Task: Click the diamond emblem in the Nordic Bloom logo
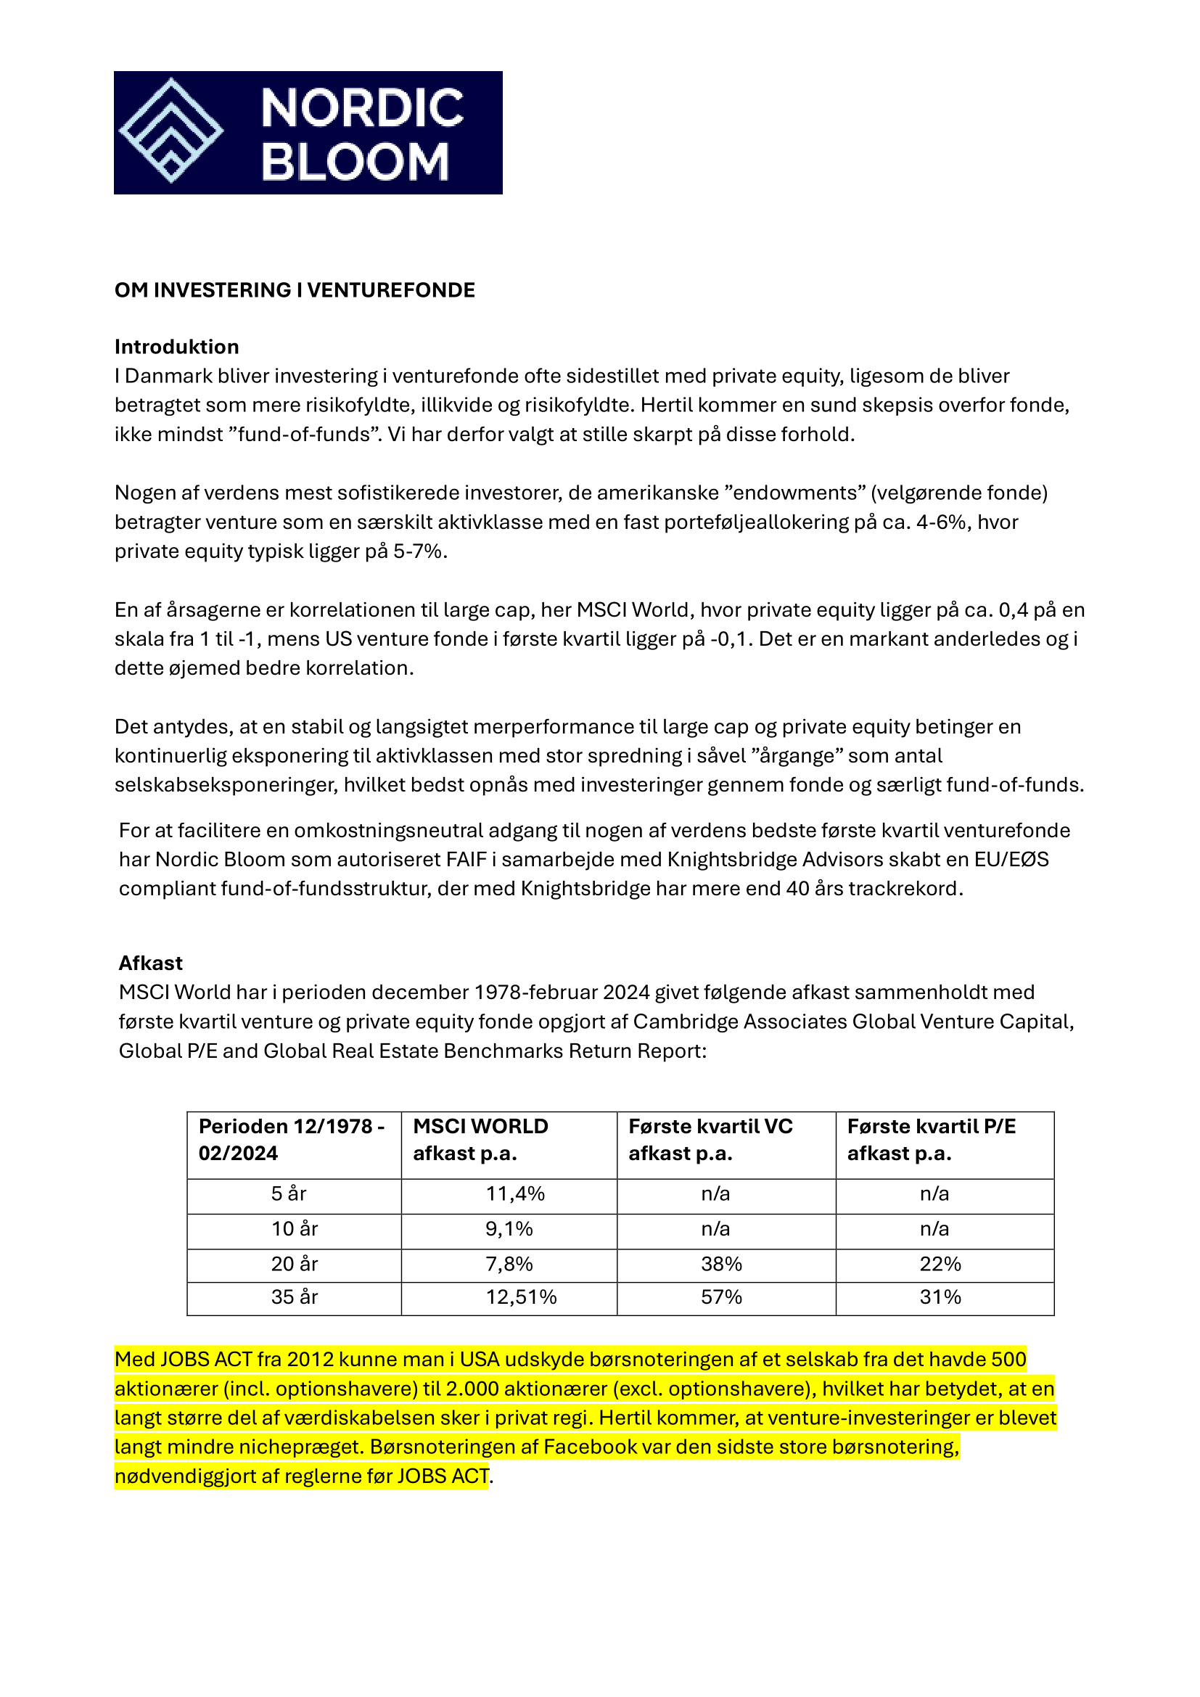(x=171, y=131)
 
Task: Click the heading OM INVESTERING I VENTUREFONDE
(x=294, y=289)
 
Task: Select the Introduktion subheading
(x=176, y=347)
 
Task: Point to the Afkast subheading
(x=151, y=963)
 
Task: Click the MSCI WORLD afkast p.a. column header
(x=480, y=1140)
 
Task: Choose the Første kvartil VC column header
(x=710, y=1140)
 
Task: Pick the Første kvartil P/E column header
(x=931, y=1140)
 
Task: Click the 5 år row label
(x=288, y=1193)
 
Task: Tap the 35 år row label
(x=294, y=1297)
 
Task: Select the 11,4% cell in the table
(x=515, y=1193)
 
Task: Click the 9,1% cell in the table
(x=509, y=1228)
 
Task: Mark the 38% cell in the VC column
(x=721, y=1264)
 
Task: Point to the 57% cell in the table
(x=721, y=1297)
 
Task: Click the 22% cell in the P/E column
(x=940, y=1264)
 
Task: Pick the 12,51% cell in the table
(x=521, y=1297)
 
